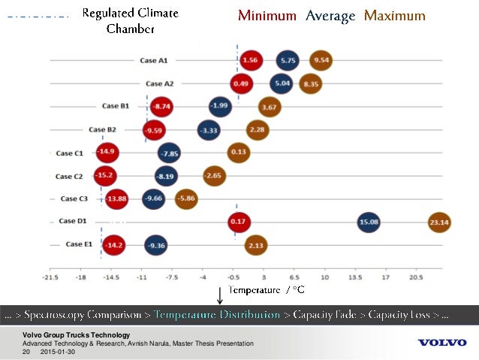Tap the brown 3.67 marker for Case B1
click(270, 107)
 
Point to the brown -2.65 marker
click(213, 176)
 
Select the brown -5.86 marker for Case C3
click(186, 199)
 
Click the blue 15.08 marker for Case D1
click(369, 222)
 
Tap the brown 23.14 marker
click(438, 222)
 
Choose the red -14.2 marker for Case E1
click(113, 245)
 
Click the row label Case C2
click(69, 176)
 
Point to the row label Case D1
click(72, 222)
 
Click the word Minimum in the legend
click(267, 16)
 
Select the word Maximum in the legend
click(394, 16)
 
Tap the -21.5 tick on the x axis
click(50, 276)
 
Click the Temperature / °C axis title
click(267, 289)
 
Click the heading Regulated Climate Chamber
click(131, 21)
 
